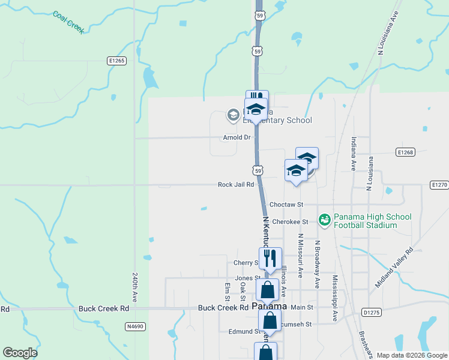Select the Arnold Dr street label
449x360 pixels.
pos(236,137)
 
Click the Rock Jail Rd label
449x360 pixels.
pos(236,185)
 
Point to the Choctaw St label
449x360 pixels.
pos(287,205)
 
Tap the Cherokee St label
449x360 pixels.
pos(289,222)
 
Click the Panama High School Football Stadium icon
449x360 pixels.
pos(325,221)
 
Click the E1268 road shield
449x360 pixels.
pos(406,152)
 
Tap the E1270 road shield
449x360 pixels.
pos(439,185)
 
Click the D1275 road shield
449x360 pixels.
pos(372,312)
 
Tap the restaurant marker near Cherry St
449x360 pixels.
pos(270,258)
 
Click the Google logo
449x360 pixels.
pos(20,353)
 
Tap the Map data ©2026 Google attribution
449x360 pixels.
pos(411,355)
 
